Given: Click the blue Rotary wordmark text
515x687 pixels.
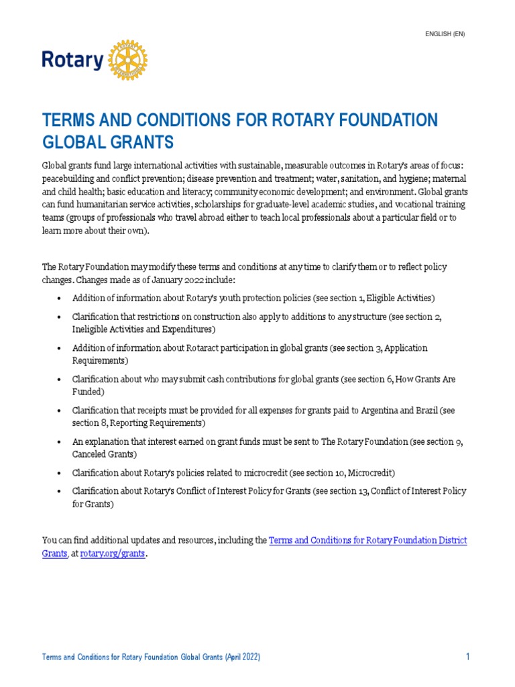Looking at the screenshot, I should [x=72, y=61].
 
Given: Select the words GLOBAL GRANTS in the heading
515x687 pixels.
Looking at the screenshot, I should [x=108, y=142].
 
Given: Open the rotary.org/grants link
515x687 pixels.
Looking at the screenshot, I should [x=113, y=555].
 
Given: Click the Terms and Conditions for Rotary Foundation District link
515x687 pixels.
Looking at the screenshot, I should [x=367, y=540].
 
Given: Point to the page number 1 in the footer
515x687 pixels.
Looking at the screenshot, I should [x=467, y=657].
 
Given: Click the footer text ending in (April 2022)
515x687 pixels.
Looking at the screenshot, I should [x=151, y=657].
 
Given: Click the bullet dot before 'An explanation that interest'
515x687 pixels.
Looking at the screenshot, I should [x=60, y=442].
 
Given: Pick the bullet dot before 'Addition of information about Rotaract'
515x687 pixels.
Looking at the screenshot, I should [x=60, y=349].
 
